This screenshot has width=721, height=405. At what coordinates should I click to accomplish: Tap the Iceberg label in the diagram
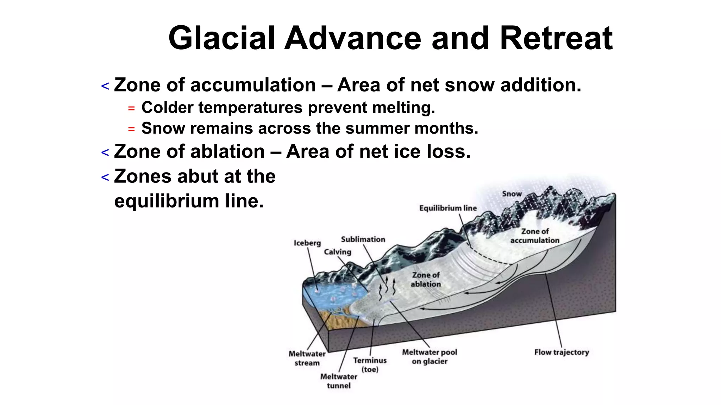coord(307,243)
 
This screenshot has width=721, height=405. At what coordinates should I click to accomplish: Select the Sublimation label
coord(363,239)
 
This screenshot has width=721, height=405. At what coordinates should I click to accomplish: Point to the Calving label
coord(338,252)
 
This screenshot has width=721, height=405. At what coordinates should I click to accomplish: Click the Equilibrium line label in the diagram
coord(448,208)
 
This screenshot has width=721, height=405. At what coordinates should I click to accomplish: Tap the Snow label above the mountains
coord(512,194)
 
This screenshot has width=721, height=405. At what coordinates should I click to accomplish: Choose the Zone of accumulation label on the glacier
coord(535,236)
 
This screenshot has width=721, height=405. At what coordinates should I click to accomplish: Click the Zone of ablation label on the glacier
coord(426,279)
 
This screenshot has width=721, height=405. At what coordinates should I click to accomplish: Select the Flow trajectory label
coord(562,352)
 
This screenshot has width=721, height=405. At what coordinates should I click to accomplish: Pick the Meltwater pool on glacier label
coord(430,356)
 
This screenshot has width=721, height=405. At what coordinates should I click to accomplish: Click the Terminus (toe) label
coord(370,365)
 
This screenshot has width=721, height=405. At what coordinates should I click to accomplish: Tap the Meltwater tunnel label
coord(339,381)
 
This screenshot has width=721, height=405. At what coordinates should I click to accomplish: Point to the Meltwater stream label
coord(307,358)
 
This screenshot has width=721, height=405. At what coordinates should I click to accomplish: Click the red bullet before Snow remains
coord(131,129)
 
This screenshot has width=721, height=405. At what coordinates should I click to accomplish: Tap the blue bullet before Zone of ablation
coord(105,153)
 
